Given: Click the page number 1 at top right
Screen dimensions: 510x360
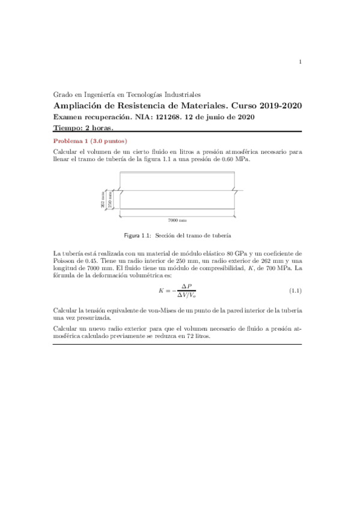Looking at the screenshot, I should click(300, 61).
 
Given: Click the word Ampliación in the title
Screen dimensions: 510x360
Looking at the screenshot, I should click(80, 106).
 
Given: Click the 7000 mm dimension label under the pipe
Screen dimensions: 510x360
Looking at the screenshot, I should click(178, 221).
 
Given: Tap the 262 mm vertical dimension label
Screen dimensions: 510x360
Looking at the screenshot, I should click(103, 199).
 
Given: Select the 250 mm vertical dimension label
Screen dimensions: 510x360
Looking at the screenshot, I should click(110, 200).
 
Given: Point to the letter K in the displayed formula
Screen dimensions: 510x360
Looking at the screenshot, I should click(162, 291).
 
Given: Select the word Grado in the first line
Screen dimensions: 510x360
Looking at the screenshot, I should click(63, 94).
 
